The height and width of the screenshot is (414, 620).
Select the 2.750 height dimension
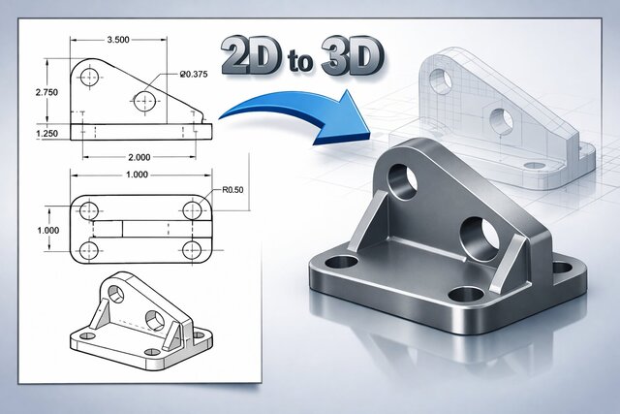[47, 90]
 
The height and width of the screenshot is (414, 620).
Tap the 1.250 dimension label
[47, 132]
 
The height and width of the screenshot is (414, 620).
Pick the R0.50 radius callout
[232, 190]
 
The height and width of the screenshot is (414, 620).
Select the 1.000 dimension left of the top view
[47, 229]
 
